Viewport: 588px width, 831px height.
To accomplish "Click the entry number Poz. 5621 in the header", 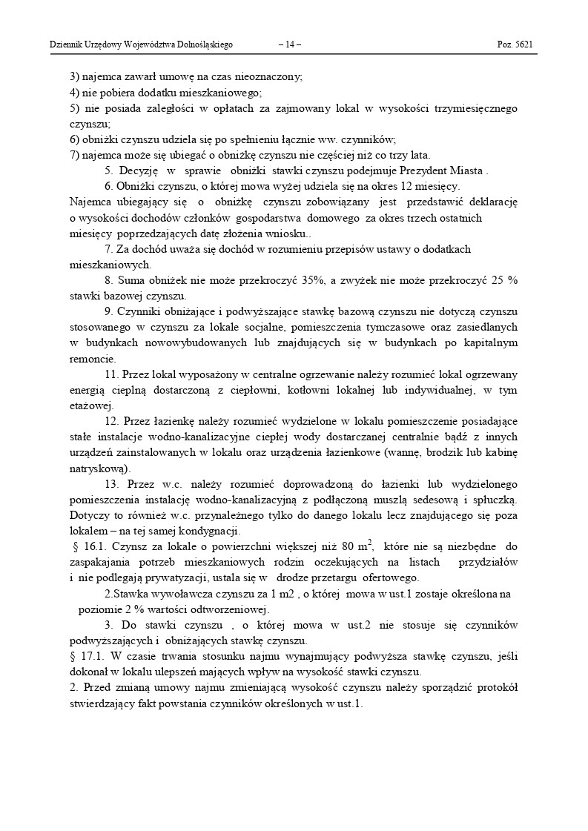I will (515, 45).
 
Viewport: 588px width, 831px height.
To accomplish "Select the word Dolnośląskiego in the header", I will (202, 45).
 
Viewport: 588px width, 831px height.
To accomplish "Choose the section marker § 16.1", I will (89, 547).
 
